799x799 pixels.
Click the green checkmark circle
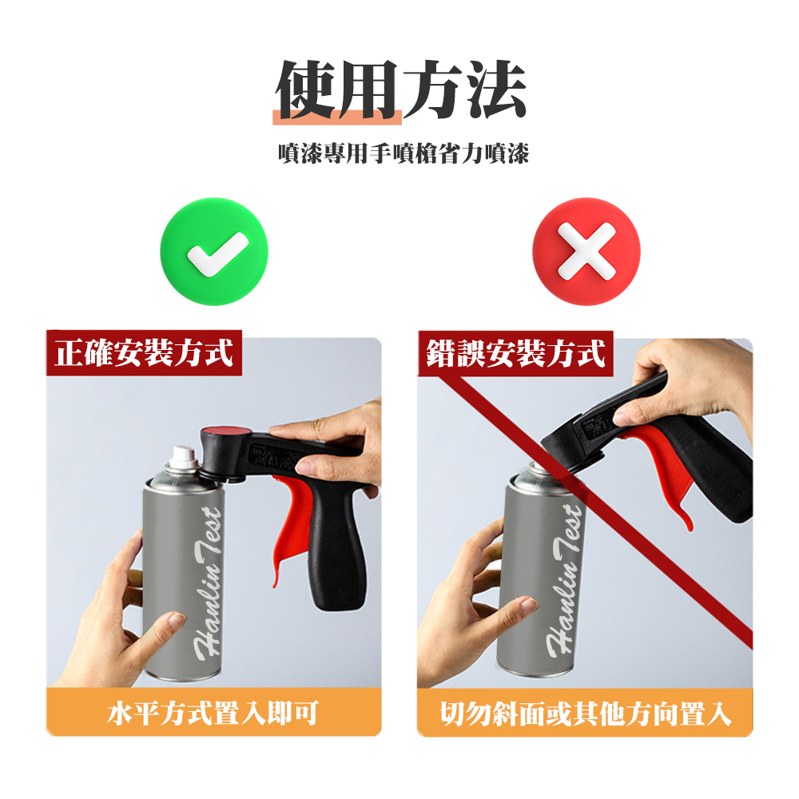(214, 251)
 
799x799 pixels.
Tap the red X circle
(586, 251)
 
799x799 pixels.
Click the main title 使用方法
(400, 89)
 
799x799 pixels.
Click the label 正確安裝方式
(144, 353)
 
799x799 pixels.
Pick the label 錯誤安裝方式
(515, 353)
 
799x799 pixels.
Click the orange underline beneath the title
(336, 118)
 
